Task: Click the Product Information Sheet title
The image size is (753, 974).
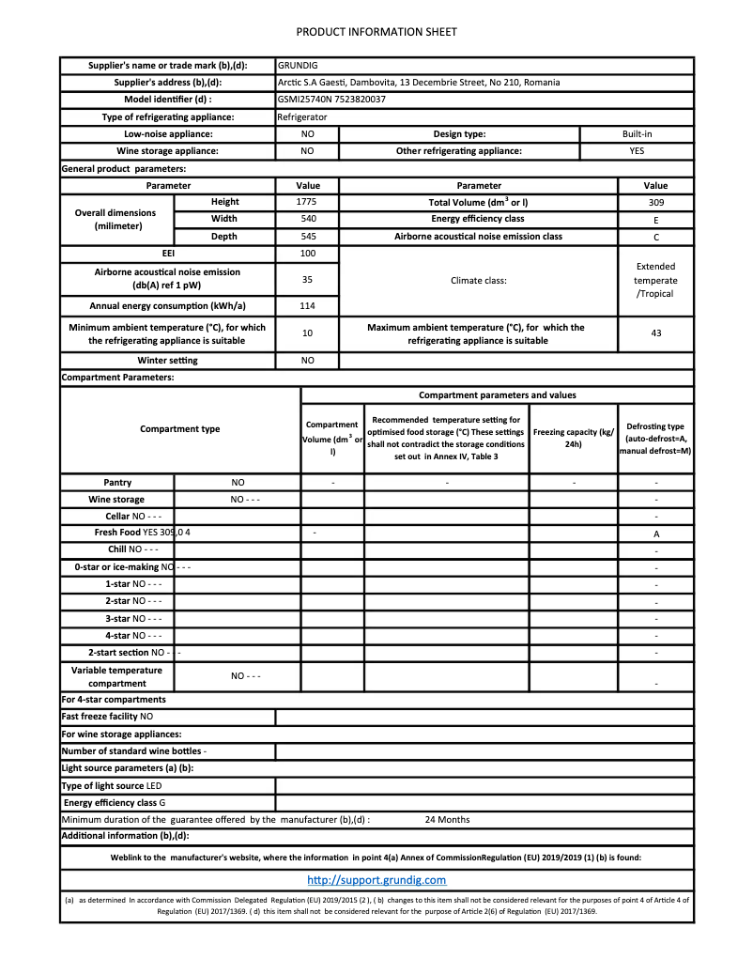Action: (x=376, y=32)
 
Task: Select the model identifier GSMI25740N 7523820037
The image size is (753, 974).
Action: (x=331, y=100)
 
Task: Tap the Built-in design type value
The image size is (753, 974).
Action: (x=637, y=133)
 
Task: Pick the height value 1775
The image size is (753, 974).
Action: (x=307, y=202)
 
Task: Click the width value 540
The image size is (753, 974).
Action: (x=307, y=219)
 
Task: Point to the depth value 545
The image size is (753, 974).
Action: (x=307, y=237)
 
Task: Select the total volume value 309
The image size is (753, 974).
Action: (x=655, y=202)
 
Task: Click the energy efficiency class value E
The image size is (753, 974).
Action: (x=655, y=220)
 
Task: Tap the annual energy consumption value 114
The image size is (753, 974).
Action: (x=307, y=306)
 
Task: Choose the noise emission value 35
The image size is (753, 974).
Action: (x=307, y=279)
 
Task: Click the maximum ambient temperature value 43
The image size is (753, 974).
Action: (x=655, y=333)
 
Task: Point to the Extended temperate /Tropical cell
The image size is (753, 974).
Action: (x=655, y=280)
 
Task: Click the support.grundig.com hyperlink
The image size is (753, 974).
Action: (x=376, y=880)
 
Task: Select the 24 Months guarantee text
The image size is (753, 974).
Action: (x=447, y=820)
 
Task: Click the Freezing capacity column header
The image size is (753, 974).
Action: (x=573, y=438)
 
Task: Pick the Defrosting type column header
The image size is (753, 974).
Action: (x=655, y=439)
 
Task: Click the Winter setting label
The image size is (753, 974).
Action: (x=167, y=361)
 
